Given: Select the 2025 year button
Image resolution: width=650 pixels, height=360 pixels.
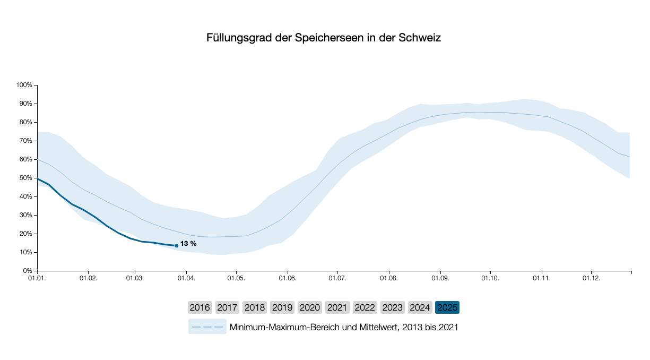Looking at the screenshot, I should (x=447, y=307).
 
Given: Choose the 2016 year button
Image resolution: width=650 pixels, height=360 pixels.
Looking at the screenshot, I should (x=200, y=307).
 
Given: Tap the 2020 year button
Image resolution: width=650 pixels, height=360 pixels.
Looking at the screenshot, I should (x=309, y=307).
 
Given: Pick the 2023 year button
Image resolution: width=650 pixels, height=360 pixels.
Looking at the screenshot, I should (x=392, y=307).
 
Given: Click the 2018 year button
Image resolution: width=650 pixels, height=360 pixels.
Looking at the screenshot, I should (x=255, y=307).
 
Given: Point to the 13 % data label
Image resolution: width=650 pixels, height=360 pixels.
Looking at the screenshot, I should (x=188, y=244).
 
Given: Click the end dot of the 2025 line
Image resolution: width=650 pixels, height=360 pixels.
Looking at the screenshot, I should (x=177, y=246).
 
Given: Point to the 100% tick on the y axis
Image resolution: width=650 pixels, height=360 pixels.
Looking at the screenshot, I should (x=24, y=85).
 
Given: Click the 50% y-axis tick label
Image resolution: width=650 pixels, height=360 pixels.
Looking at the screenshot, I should (x=25, y=178).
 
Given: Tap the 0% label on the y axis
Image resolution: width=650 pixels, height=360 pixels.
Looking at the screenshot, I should (x=28, y=271).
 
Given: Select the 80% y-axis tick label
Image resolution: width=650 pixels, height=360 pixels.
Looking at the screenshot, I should (x=25, y=122).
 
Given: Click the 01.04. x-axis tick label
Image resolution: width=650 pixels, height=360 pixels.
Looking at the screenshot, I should (x=186, y=278).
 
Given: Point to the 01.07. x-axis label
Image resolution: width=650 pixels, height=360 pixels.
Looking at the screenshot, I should (x=337, y=278).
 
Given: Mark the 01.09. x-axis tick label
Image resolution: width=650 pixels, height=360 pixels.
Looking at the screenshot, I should (x=439, y=278).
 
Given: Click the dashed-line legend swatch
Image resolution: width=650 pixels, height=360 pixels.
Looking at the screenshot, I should (x=207, y=327).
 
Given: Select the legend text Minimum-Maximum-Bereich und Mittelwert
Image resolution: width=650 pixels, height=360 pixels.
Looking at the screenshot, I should (x=343, y=327).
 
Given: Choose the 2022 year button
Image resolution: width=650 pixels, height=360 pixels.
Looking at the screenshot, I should (x=365, y=307).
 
